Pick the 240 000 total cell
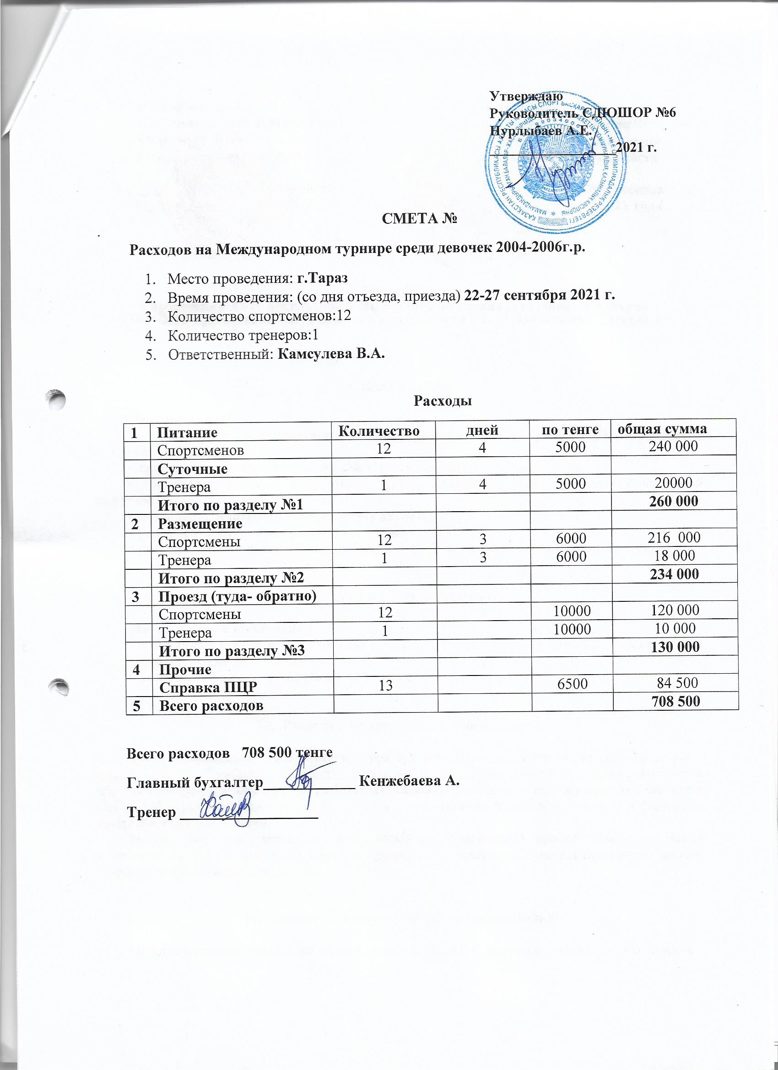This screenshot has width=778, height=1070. pos(673,447)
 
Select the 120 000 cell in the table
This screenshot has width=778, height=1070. pos(673,611)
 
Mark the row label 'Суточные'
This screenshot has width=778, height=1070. pos(193,469)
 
